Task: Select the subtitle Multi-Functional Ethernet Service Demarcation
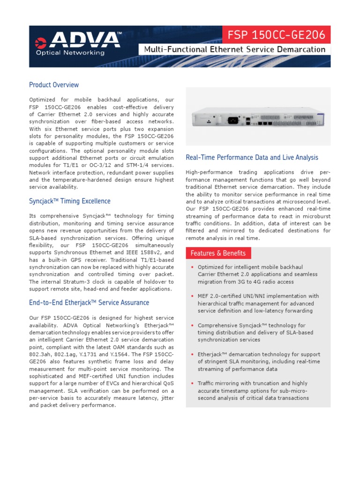[234, 50]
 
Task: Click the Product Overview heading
[54, 85]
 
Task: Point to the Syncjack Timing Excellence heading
[70, 201]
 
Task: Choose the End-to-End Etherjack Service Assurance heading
[89, 303]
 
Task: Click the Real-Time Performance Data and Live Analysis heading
[252, 157]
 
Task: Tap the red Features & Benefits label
[218, 253]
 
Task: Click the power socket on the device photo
[232, 120]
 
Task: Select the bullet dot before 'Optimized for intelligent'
[192, 267]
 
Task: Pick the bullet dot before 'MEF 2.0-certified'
[192, 296]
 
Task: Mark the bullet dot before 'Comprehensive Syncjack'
[192, 325]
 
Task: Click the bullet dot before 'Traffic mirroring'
[192, 383]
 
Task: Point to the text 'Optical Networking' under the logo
[70, 53]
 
